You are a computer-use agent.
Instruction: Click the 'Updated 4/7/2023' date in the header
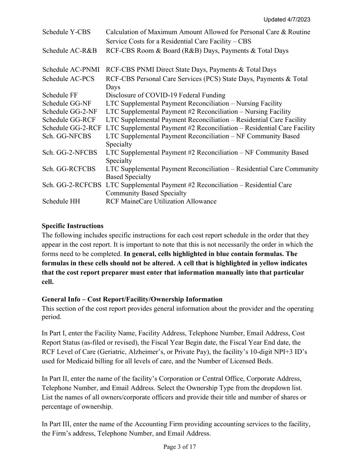[x=289, y=19]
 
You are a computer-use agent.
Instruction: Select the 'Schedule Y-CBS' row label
[x=66, y=32]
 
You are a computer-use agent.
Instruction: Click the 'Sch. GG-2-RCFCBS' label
[x=72, y=185]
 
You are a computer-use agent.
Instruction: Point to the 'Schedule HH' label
[x=61, y=201]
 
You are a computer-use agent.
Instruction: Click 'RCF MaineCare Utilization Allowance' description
[x=161, y=201]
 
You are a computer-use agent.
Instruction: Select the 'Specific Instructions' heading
[x=72, y=226]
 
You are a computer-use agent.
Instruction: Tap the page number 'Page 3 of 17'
[x=180, y=447]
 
